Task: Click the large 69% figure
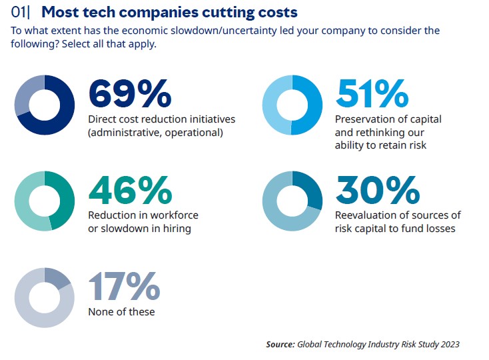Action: pyautogui.click(x=129, y=93)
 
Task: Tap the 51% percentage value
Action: pyautogui.click(x=372, y=93)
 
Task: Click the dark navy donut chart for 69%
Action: pyautogui.click(x=45, y=105)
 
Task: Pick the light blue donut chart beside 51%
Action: pyautogui.click(x=292, y=105)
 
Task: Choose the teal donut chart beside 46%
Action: pyautogui.click(x=45, y=201)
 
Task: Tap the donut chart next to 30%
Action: pyautogui.click(x=292, y=201)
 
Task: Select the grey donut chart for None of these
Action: pyautogui.click(x=45, y=297)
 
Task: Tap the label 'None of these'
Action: pyautogui.click(x=121, y=311)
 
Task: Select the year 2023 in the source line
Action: pyautogui.click(x=448, y=345)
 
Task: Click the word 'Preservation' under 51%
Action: pyautogui.click(x=365, y=119)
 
